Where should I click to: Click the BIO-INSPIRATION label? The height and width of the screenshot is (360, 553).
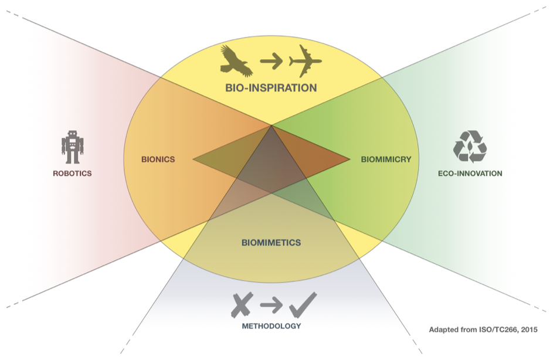tap(271, 88)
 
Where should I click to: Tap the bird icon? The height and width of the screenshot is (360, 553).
tap(236, 60)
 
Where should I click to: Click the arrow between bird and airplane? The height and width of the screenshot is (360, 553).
tap(272, 60)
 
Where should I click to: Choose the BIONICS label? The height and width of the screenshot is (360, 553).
tap(158, 159)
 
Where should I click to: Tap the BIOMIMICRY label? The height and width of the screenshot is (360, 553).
tap(386, 159)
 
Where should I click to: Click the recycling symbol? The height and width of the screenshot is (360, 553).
tap(470, 146)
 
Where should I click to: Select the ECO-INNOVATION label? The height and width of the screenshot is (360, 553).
tap(470, 174)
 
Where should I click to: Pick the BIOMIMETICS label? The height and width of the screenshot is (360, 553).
tap(271, 242)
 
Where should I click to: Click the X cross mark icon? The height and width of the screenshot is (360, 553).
tap(240, 304)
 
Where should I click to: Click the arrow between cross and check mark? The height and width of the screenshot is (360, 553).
tap(272, 304)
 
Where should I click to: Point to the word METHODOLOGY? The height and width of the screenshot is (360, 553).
tap(271, 326)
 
